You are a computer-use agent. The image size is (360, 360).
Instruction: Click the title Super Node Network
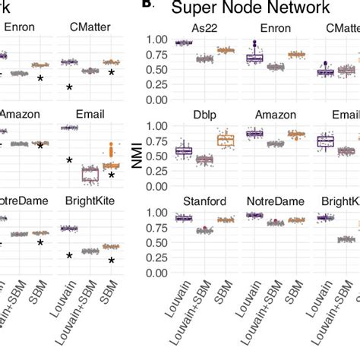[250, 8]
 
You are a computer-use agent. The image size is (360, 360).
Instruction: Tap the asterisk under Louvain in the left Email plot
[69, 160]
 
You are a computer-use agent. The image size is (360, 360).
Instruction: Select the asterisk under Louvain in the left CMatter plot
[69, 88]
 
